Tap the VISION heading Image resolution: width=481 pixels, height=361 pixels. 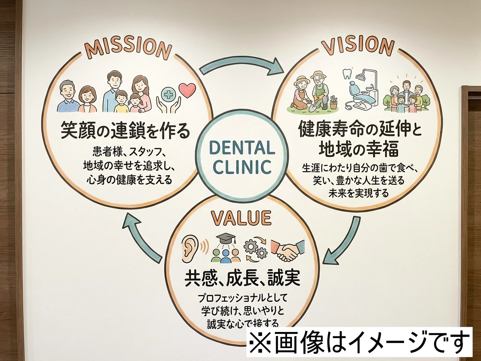pyautogui.click(x=357, y=46)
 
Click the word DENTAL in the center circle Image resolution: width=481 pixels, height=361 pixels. pyautogui.click(x=242, y=148)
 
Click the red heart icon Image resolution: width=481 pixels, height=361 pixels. pyautogui.click(x=187, y=90)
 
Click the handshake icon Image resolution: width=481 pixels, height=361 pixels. pyautogui.click(x=287, y=250)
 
